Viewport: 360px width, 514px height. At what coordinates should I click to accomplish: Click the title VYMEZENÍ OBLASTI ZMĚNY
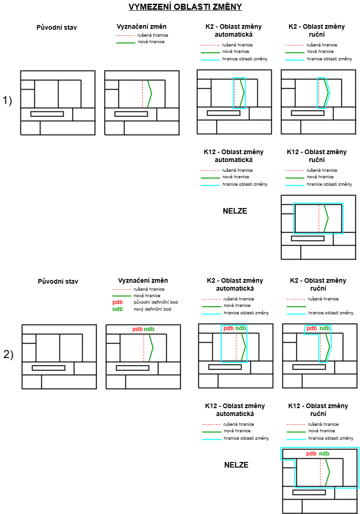tap(185, 7)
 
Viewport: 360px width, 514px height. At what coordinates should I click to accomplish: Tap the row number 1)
tap(7, 101)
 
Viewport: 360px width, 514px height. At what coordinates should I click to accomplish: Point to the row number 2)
tap(8, 354)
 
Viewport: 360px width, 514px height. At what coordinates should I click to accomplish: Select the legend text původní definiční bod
tap(156, 302)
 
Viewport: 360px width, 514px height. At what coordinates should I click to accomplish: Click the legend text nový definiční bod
tap(152, 309)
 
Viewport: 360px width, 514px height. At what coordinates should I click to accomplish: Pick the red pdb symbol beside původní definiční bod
tap(118, 302)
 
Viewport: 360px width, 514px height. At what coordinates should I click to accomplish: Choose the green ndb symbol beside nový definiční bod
tap(118, 309)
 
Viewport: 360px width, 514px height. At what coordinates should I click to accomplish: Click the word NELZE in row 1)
tap(235, 211)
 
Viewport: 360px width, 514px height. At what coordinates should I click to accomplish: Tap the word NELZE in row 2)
tap(236, 465)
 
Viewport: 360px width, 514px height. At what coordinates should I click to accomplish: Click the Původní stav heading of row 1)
tap(56, 27)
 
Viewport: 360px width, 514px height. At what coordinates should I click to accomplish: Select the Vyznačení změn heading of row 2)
tap(143, 280)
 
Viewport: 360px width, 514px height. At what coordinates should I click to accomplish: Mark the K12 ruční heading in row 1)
tap(317, 156)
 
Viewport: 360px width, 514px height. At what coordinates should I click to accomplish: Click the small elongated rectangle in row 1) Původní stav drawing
tap(47, 114)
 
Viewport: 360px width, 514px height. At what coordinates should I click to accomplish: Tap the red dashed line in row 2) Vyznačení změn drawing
tap(144, 348)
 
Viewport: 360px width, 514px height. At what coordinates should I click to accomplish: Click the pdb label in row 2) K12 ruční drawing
tap(311, 454)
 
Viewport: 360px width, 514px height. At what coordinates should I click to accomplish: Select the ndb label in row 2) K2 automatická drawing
tap(240, 328)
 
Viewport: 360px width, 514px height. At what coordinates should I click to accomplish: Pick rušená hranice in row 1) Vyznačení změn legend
tap(153, 35)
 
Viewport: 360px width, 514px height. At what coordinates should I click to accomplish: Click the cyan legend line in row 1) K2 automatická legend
tap(210, 59)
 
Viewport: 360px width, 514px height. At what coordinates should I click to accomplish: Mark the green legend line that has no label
tap(296, 306)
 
